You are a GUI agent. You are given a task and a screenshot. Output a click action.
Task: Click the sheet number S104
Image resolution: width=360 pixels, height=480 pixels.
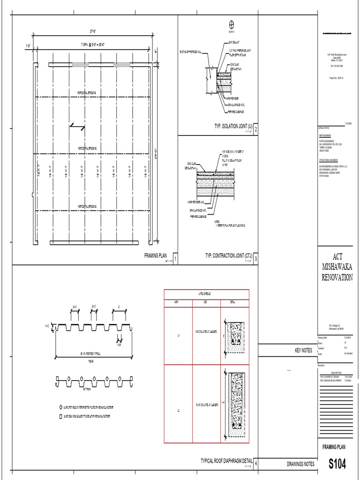[x=337, y=464]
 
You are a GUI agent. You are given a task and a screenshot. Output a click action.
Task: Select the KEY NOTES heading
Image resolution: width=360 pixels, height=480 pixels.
[x=303, y=350]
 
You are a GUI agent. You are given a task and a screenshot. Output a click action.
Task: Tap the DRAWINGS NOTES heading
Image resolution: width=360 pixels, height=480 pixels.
[x=300, y=464]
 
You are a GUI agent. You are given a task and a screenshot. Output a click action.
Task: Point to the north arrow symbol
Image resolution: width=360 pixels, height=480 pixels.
[x=231, y=25]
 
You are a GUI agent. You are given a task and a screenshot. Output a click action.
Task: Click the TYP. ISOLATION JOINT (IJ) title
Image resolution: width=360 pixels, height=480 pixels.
[x=228, y=126]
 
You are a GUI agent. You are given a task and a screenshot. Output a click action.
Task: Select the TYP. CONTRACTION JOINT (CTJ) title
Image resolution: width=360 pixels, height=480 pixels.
[x=228, y=256]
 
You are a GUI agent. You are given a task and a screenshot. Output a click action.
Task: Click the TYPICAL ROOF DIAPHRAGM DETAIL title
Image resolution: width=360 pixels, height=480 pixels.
[x=226, y=461]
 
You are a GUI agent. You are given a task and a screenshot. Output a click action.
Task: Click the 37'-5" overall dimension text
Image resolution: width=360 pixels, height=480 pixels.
[x=94, y=32]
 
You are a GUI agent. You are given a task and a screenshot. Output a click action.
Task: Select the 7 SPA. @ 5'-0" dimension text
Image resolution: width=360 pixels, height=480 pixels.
[x=94, y=45]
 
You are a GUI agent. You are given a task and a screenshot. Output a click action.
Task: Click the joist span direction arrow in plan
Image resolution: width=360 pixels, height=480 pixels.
[x=77, y=126]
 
